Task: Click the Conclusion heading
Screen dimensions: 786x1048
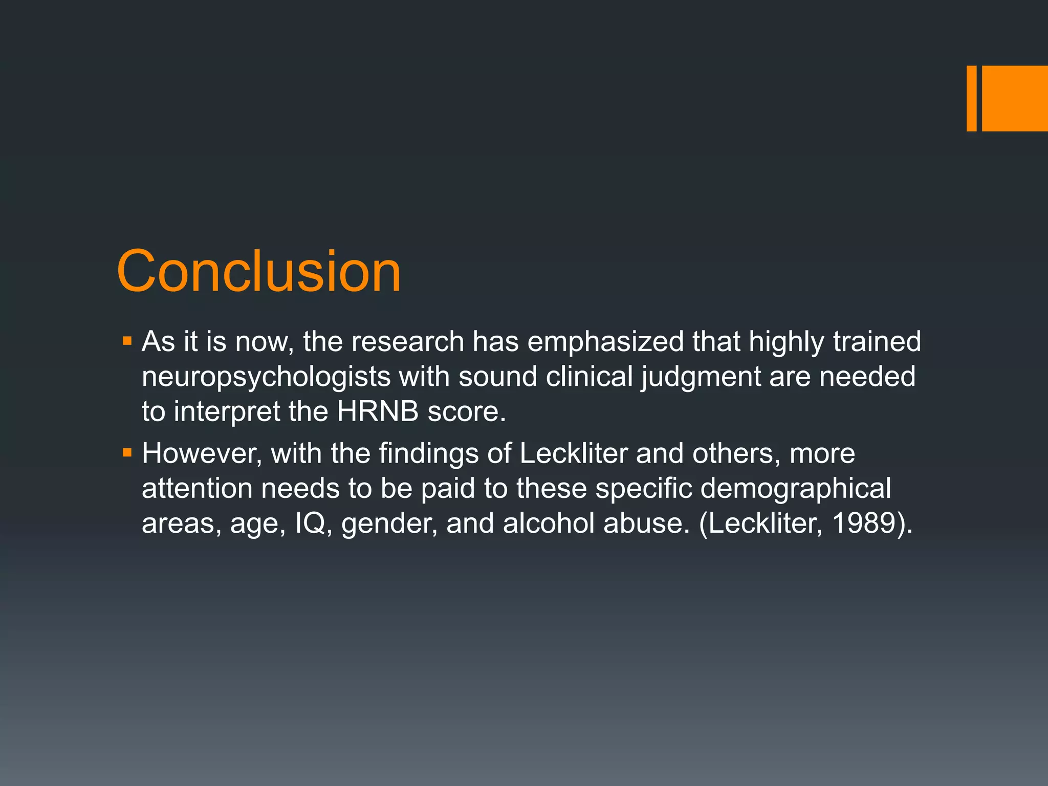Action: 258,271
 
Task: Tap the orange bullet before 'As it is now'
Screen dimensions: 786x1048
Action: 127,340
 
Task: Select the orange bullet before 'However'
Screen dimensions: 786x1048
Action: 127,452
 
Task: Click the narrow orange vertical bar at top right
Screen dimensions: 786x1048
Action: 971,98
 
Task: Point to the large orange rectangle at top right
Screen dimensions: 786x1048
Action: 1015,98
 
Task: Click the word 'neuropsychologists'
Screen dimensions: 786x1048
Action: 266,377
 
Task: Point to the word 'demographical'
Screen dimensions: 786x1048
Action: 795,488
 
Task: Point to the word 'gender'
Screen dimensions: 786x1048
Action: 389,524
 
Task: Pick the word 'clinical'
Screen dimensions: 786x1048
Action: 589,377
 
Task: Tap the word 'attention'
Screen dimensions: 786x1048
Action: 197,488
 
